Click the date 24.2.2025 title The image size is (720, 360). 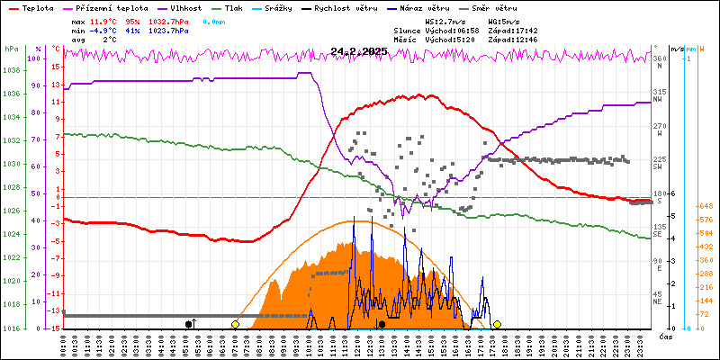coord(358,51)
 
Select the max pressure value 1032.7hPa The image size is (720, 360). coord(167,20)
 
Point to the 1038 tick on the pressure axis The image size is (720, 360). coord(11,70)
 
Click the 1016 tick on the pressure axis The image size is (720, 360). coord(11,328)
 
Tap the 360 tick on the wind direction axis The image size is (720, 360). coord(659,59)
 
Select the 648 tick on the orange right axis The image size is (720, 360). coord(707,206)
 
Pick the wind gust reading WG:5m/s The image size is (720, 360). coord(503,20)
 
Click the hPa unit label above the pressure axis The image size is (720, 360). coord(11,49)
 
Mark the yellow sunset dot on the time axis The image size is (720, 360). coord(497,323)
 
